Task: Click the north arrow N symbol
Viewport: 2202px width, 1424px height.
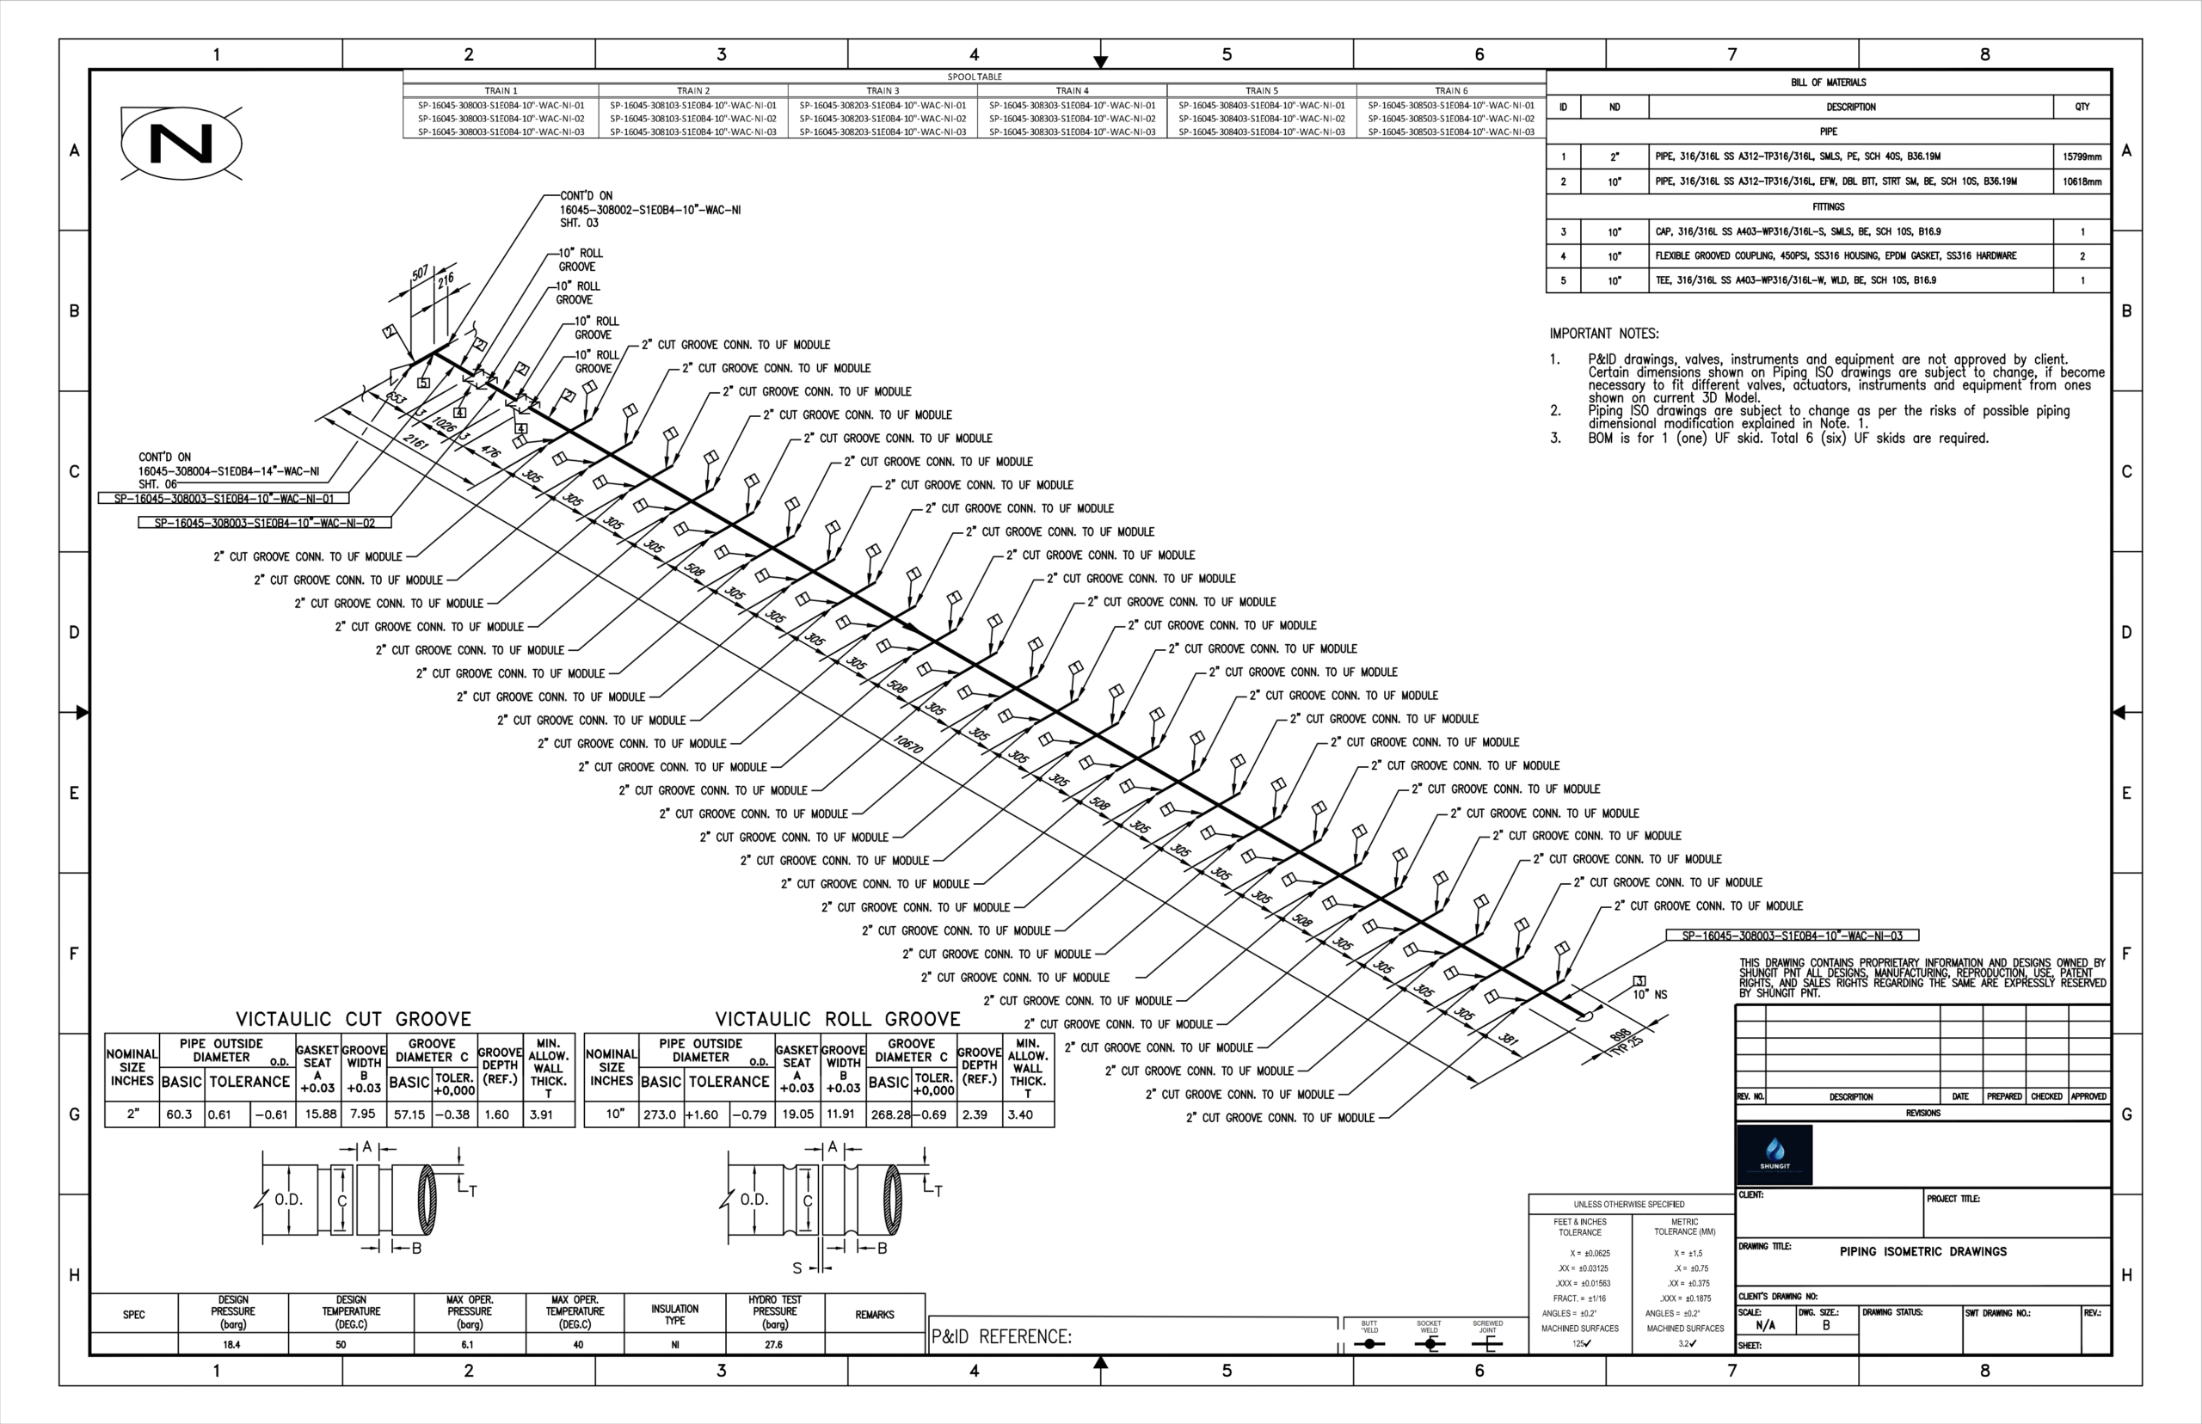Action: (181, 144)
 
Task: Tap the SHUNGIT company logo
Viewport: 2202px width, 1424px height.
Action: (1774, 1154)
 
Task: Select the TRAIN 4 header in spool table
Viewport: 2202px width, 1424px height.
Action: (1071, 90)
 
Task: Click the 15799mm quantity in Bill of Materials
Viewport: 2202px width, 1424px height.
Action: (2082, 157)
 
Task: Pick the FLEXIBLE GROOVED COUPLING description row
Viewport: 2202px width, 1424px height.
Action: (1835, 256)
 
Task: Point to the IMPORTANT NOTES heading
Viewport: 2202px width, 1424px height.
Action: (1603, 334)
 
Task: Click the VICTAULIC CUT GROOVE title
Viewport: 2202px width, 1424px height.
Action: (354, 1019)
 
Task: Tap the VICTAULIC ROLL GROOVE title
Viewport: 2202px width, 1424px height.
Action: (837, 1019)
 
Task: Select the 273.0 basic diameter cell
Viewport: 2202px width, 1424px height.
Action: (660, 1115)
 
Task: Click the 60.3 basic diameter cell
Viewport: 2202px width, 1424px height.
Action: (180, 1115)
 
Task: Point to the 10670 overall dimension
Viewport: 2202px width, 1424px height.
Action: (908, 745)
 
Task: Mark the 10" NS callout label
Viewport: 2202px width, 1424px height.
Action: (1649, 995)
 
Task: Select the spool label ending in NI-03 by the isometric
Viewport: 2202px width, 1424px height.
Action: (1792, 936)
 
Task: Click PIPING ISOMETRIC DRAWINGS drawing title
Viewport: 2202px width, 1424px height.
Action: (1922, 1252)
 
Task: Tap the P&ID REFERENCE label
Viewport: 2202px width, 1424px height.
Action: (1000, 1336)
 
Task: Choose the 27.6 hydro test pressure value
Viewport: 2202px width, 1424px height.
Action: (773, 1345)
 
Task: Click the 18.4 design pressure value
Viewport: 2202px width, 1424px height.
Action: (232, 1345)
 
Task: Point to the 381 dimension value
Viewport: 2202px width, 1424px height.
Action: (1508, 1039)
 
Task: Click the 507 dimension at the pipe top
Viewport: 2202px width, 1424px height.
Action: (420, 273)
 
